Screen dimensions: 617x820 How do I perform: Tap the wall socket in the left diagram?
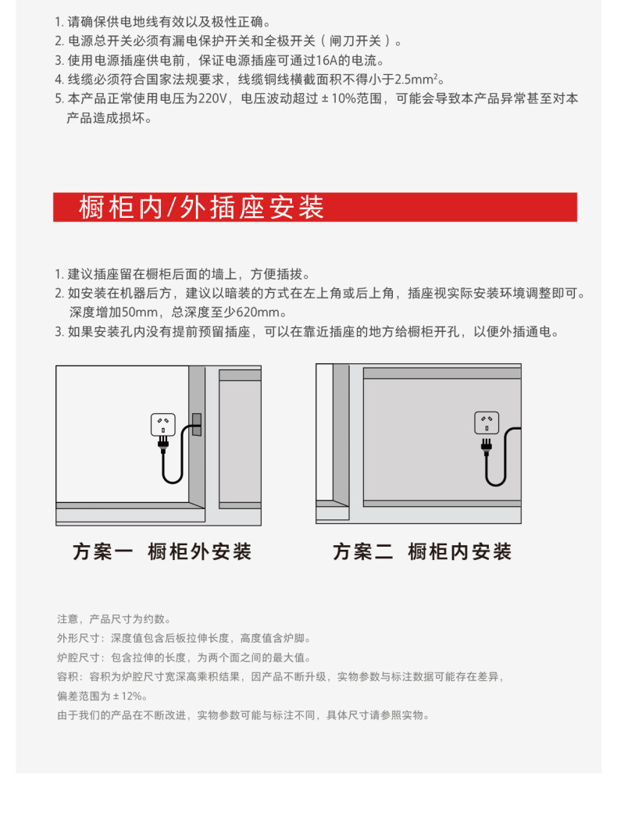(x=162, y=425)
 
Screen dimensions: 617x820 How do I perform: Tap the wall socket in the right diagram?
(x=487, y=422)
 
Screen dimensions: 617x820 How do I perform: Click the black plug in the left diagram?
(x=163, y=444)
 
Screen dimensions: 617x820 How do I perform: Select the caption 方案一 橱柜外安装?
(x=162, y=551)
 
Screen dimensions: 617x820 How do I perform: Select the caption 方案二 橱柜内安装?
(x=422, y=551)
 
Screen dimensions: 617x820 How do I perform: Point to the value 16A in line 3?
(x=326, y=61)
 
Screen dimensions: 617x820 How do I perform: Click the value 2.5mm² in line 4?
(x=416, y=80)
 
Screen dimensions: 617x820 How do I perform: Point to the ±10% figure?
(x=339, y=99)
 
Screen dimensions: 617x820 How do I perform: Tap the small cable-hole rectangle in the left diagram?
(x=197, y=425)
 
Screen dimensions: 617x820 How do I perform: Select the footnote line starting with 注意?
(x=115, y=619)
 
